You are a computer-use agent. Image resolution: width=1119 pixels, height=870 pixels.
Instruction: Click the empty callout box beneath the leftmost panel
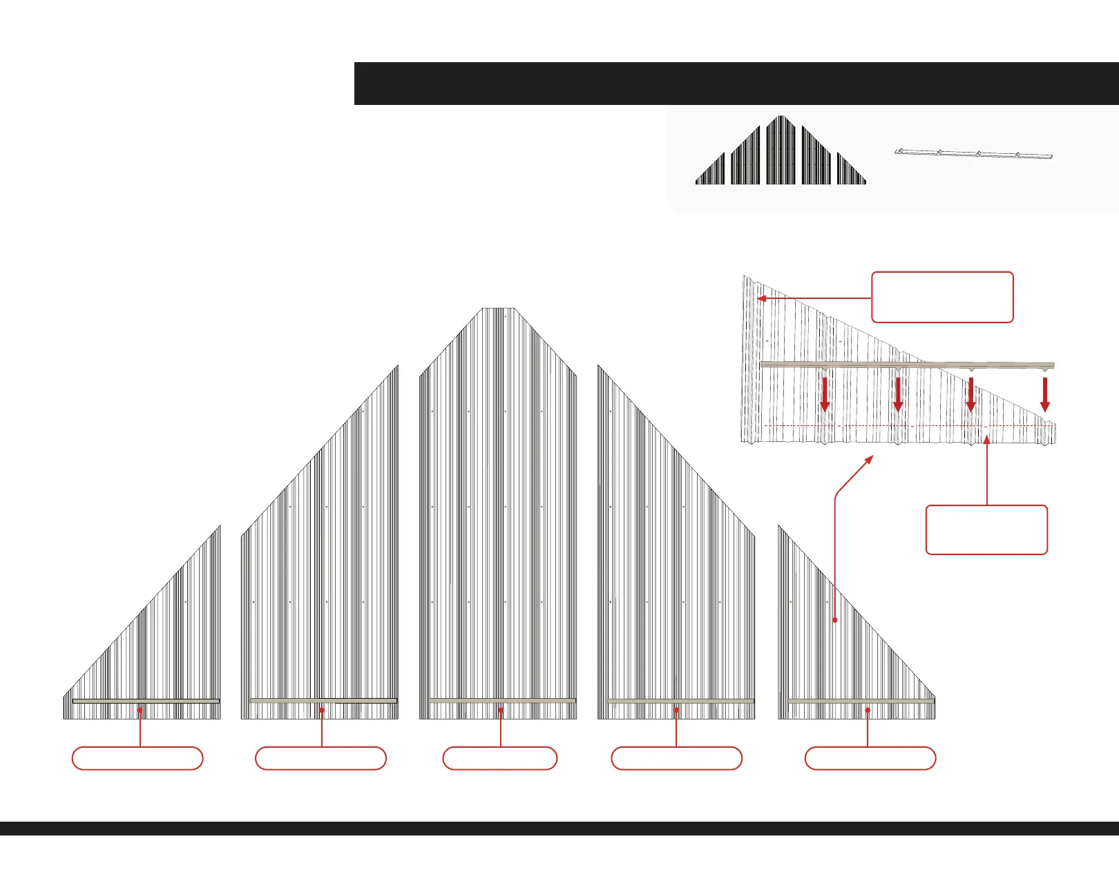tap(137, 758)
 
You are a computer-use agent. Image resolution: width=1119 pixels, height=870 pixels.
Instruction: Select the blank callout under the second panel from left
tap(321, 758)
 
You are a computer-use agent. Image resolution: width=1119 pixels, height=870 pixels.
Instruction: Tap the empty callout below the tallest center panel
tap(499, 758)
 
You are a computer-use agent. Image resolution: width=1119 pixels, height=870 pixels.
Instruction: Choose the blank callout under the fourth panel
tap(676, 758)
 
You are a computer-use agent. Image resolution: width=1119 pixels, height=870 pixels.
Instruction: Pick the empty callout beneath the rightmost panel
tap(870, 758)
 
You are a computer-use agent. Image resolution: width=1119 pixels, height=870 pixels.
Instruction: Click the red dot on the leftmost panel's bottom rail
tap(140, 710)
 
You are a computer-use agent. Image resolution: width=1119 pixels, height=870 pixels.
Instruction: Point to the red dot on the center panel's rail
tap(501, 710)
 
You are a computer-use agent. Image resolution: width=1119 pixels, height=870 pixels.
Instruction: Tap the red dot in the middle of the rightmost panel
tap(835, 620)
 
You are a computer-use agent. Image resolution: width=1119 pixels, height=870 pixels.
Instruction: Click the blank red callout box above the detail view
tap(942, 298)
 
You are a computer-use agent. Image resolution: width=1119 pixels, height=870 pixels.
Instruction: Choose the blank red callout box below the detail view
tap(986, 530)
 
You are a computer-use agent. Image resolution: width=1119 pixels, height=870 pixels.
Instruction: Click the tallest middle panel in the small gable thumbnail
tap(781, 152)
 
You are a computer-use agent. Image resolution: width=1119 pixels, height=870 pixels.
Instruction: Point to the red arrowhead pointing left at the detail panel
tap(762, 299)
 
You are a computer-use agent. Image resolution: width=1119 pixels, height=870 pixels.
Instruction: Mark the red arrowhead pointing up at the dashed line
tap(987, 440)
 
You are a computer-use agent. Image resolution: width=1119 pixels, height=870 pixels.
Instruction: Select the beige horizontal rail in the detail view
tap(907, 365)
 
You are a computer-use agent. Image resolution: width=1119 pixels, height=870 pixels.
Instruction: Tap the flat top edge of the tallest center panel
tap(498, 309)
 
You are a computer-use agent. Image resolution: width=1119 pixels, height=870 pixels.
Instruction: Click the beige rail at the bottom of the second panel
tap(323, 701)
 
